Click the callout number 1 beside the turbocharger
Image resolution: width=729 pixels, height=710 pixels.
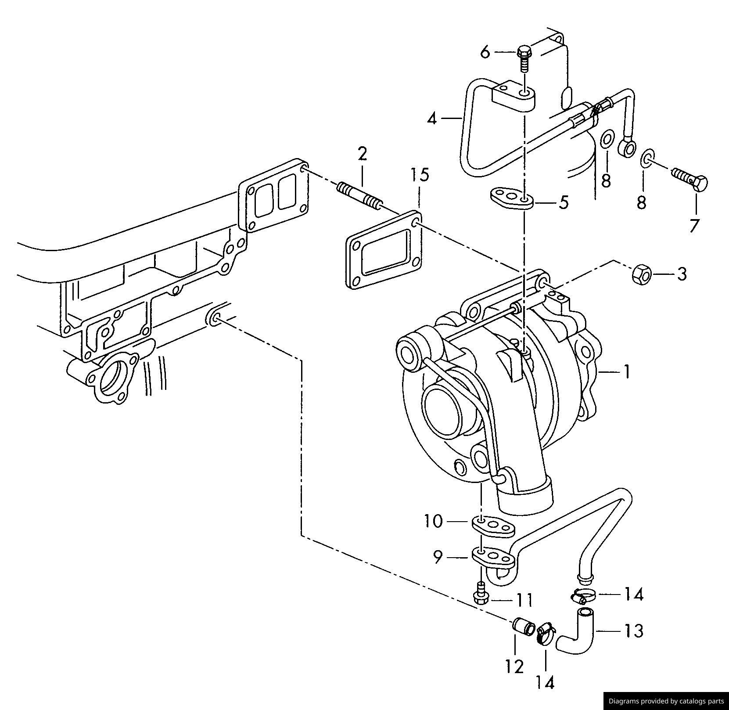[627, 372]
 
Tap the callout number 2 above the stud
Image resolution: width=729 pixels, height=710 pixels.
[362, 155]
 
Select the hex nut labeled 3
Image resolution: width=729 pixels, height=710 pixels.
[641, 274]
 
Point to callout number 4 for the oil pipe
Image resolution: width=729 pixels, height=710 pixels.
[432, 119]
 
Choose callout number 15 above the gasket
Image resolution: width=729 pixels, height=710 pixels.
[420, 175]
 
